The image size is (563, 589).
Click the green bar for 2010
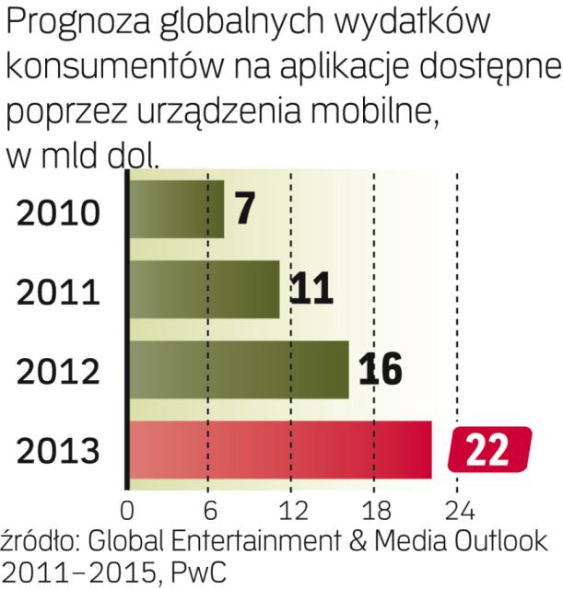pyautogui.click(x=176, y=209)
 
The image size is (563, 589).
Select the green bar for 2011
pyautogui.click(x=204, y=289)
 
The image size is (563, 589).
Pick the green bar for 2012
pyautogui.click(x=239, y=370)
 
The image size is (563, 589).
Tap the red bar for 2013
pyautogui.click(x=280, y=450)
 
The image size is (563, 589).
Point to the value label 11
pyautogui.click(x=311, y=289)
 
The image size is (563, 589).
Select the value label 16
pyautogui.click(x=379, y=370)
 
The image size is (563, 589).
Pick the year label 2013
pyautogui.click(x=57, y=452)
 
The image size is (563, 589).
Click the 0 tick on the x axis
pyautogui.click(x=127, y=509)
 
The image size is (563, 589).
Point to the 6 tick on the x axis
pyautogui.click(x=210, y=509)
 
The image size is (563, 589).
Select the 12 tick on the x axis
pyautogui.click(x=291, y=509)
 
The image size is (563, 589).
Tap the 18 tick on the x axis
pyautogui.click(x=374, y=509)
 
